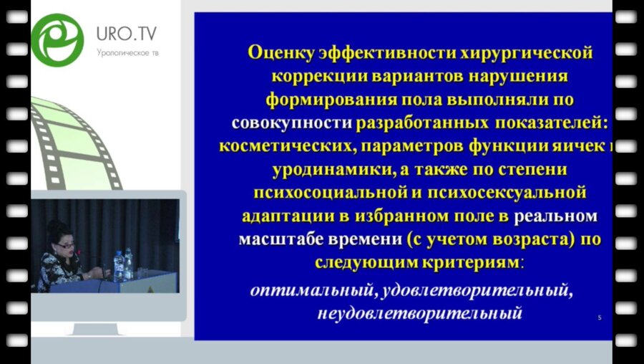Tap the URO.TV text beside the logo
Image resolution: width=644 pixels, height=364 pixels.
(x=127, y=34)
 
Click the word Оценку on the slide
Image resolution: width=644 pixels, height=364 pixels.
(x=279, y=52)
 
